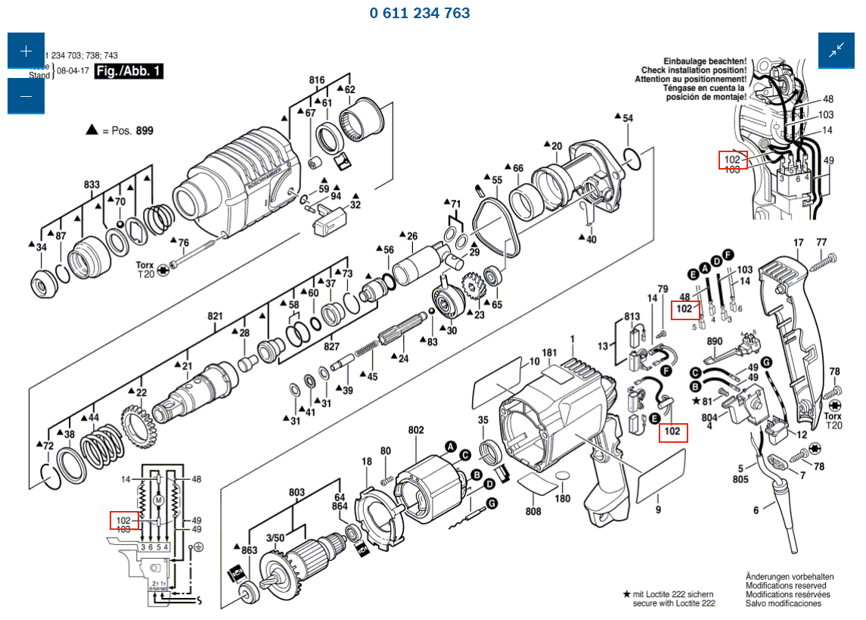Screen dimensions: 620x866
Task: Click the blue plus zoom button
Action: pos(26,51)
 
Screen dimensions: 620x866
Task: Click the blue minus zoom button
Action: pos(26,96)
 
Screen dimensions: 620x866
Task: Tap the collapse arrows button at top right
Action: pos(837,51)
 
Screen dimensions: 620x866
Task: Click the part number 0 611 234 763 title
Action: pos(420,13)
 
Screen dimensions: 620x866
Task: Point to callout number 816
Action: pos(316,80)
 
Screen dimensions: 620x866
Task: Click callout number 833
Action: pos(92,185)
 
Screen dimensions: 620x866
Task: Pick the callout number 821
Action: pos(216,316)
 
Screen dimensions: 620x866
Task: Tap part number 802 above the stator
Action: pos(416,430)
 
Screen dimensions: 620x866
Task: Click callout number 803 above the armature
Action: pos(296,493)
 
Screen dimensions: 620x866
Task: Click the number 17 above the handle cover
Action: pos(798,243)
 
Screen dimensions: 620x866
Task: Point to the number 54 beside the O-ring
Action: pos(628,118)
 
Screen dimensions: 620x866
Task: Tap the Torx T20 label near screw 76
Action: pos(144,270)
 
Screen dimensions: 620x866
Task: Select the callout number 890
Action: pos(715,341)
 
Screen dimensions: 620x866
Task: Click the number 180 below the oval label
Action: pos(563,499)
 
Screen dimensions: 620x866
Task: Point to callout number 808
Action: pos(534,511)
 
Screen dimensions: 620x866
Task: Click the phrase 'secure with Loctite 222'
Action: pos(674,603)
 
